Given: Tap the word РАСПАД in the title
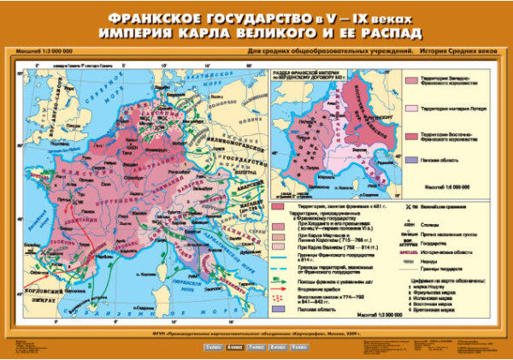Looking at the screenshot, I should [x=391, y=34].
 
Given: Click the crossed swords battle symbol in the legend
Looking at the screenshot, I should [x=404, y=206].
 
